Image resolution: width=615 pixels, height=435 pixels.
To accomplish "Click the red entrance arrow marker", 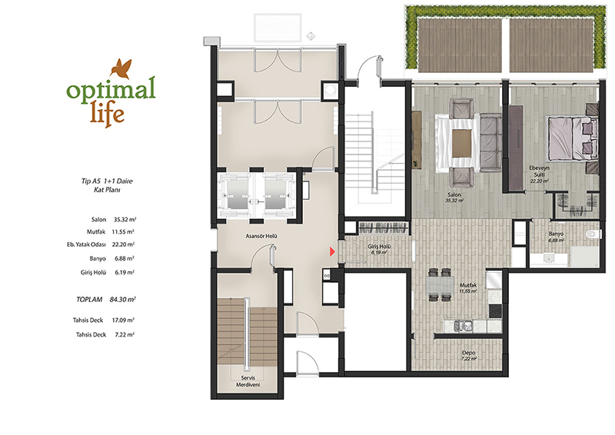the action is (332, 252).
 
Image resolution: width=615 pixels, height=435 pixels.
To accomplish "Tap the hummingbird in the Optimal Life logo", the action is (121, 68).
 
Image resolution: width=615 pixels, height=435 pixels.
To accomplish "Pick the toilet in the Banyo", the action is (593, 234).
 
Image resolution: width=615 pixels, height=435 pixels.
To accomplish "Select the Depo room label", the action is (468, 353).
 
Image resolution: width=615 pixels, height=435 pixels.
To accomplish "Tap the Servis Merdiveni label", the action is (248, 381).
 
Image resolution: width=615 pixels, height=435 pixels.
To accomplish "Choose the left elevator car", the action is (235, 195).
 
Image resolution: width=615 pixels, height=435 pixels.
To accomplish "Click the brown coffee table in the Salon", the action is (462, 143).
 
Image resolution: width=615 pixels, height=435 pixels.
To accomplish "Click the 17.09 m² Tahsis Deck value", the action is (124, 320).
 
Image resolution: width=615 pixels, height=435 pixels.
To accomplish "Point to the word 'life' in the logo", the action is (107, 111).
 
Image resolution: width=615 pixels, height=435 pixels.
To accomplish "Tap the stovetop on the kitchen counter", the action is (495, 311).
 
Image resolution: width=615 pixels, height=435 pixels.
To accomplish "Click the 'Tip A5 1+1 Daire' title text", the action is (107, 181).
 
